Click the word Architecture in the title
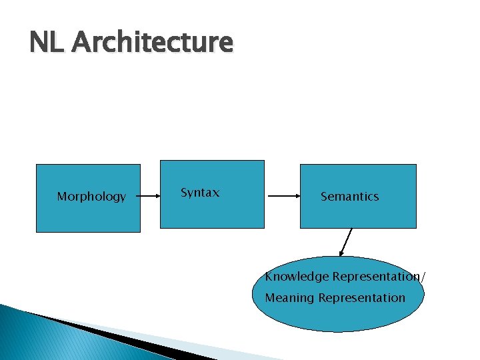153,43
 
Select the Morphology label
91,197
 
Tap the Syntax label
200,193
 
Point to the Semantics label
349,197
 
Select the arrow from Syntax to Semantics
283,196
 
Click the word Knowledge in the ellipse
297,277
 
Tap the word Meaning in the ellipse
289,298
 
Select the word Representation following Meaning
361,298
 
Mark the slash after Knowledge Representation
422,277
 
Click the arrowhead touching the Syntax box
157,196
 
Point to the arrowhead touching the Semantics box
297,196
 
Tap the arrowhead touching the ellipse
342,253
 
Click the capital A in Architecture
81,43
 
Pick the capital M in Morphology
62,197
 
